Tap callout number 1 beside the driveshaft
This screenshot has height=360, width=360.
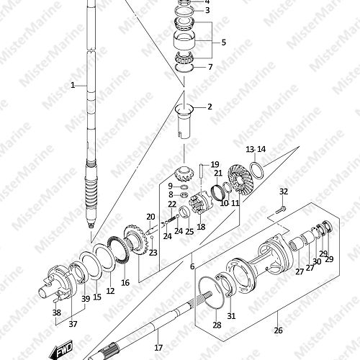(x=73, y=85)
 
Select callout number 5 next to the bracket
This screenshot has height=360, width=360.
(x=224, y=42)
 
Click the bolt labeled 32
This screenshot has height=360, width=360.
(x=279, y=211)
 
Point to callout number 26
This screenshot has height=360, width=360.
(x=279, y=330)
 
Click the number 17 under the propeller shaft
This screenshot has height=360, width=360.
(x=158, y=347)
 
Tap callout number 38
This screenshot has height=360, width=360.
(x=57, y=312)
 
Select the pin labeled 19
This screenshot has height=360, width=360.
(x=201, y=171)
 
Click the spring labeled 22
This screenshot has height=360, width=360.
(x=171, y=219)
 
